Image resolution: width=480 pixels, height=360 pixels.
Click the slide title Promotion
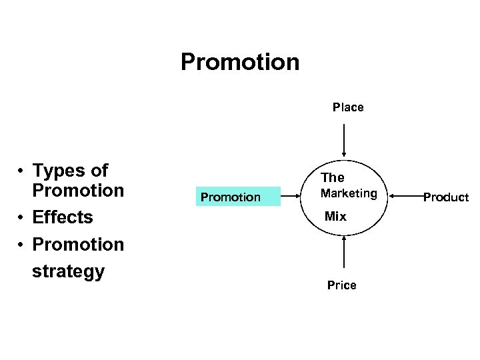click(240, 63)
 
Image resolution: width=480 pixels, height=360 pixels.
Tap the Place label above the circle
click(348, 107)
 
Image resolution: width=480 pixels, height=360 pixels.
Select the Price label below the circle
click(341, 285)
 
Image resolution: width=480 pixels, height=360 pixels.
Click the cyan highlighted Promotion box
click(231, 197)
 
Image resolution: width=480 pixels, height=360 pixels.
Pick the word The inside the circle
click(333, 177)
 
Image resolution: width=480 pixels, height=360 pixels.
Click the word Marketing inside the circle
click(349, 194)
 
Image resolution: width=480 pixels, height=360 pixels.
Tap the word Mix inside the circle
click(335, 217)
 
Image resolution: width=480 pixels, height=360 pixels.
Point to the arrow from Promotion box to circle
click(291, 196)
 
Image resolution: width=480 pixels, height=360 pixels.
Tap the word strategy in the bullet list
click(68, 271)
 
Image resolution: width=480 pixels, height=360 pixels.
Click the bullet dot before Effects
click(21, 218)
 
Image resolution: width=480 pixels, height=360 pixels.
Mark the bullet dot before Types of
click(21, 171)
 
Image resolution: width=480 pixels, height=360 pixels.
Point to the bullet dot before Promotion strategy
click(21, 245)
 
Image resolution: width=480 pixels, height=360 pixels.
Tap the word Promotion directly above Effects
click(78, 191)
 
